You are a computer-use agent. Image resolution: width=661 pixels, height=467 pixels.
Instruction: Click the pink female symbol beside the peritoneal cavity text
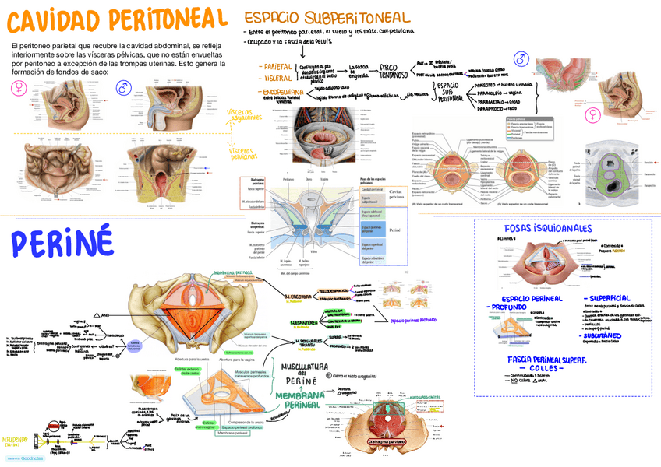17,90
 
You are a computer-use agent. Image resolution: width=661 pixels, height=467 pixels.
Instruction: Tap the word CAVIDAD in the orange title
53,21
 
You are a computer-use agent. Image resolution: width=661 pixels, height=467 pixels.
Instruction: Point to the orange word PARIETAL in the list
276,67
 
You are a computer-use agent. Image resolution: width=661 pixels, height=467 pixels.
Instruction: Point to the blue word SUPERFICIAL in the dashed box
611,298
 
